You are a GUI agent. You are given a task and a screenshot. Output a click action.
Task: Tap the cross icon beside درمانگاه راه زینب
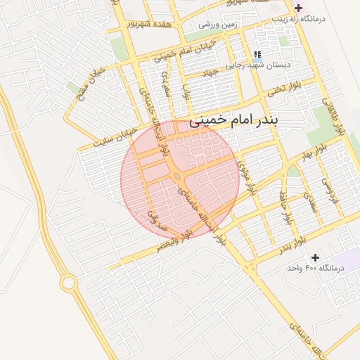pos(298,8)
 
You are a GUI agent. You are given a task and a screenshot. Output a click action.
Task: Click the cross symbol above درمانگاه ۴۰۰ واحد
pos(314,257)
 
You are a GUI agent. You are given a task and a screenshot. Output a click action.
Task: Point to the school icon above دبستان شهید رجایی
pos(257,54)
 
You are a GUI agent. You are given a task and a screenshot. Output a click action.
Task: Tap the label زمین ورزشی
pos(218,26)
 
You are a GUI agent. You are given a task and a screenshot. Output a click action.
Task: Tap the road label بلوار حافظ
pos(285,207)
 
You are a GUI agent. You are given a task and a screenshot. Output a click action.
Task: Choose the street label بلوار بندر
pos(290,245)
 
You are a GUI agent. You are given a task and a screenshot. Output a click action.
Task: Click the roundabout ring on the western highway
pos(69,283)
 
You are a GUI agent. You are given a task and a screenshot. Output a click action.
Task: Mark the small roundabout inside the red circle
pos(179,175)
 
